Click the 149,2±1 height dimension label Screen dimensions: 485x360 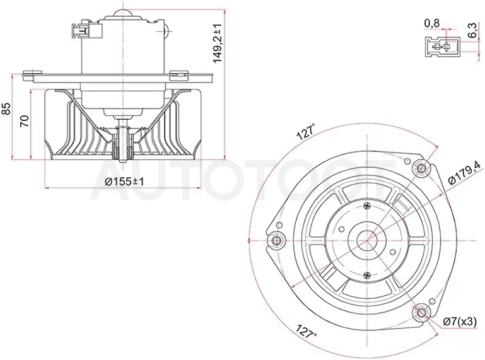[218, 43]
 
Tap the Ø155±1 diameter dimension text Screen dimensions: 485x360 [124, 182]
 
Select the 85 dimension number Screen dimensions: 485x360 [6, 108]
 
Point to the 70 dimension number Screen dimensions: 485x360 [25, 121]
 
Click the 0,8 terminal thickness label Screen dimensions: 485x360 [432, 23]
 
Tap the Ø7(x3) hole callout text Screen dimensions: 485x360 [459, 322]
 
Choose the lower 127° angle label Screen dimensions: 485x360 [307, 331]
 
